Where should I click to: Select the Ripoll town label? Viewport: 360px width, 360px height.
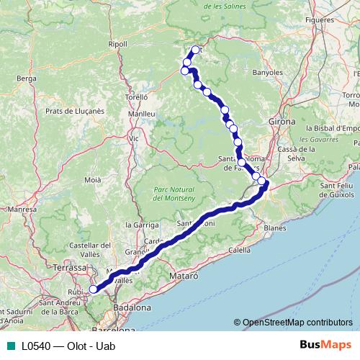tap(117, 44)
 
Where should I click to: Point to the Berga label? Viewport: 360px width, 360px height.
tap(26, 77)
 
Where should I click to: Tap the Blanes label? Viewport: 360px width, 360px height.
tap(275, 228)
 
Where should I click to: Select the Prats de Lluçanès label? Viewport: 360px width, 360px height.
tap(75, 111)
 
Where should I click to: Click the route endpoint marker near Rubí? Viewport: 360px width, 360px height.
tap(93, 289)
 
